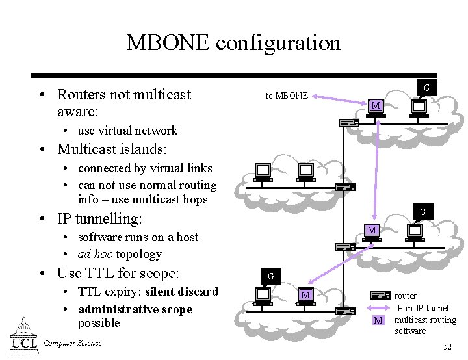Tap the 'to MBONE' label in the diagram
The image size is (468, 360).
click(287, 96)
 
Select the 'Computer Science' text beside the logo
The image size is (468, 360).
click(71, 343)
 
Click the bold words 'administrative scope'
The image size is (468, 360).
click(135, 309)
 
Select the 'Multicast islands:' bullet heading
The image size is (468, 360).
click(112, 149)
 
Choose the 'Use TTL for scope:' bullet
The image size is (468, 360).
click(118, 273)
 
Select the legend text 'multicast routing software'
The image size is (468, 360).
click(425, 326)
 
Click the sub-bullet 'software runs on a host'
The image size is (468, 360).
click(138, 237)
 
